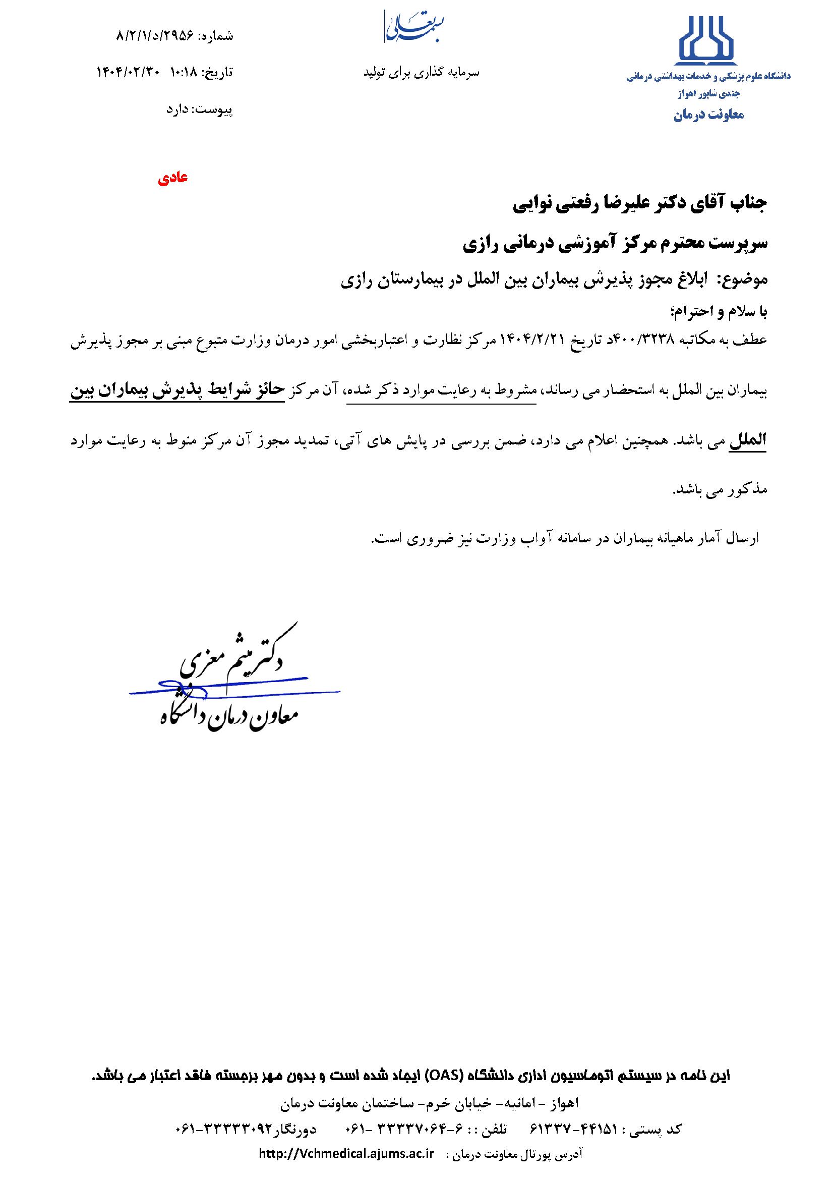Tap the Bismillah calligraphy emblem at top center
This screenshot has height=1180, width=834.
pyautogui.click(x=414, y=26)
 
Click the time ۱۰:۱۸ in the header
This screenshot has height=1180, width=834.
pyautogui.click(x=183, y=73)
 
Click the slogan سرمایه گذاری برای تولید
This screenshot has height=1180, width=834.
pyautogui.click(x=421, y=73)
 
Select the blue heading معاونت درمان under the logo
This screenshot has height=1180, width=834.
pyautogui.click(x=708, y=115)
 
